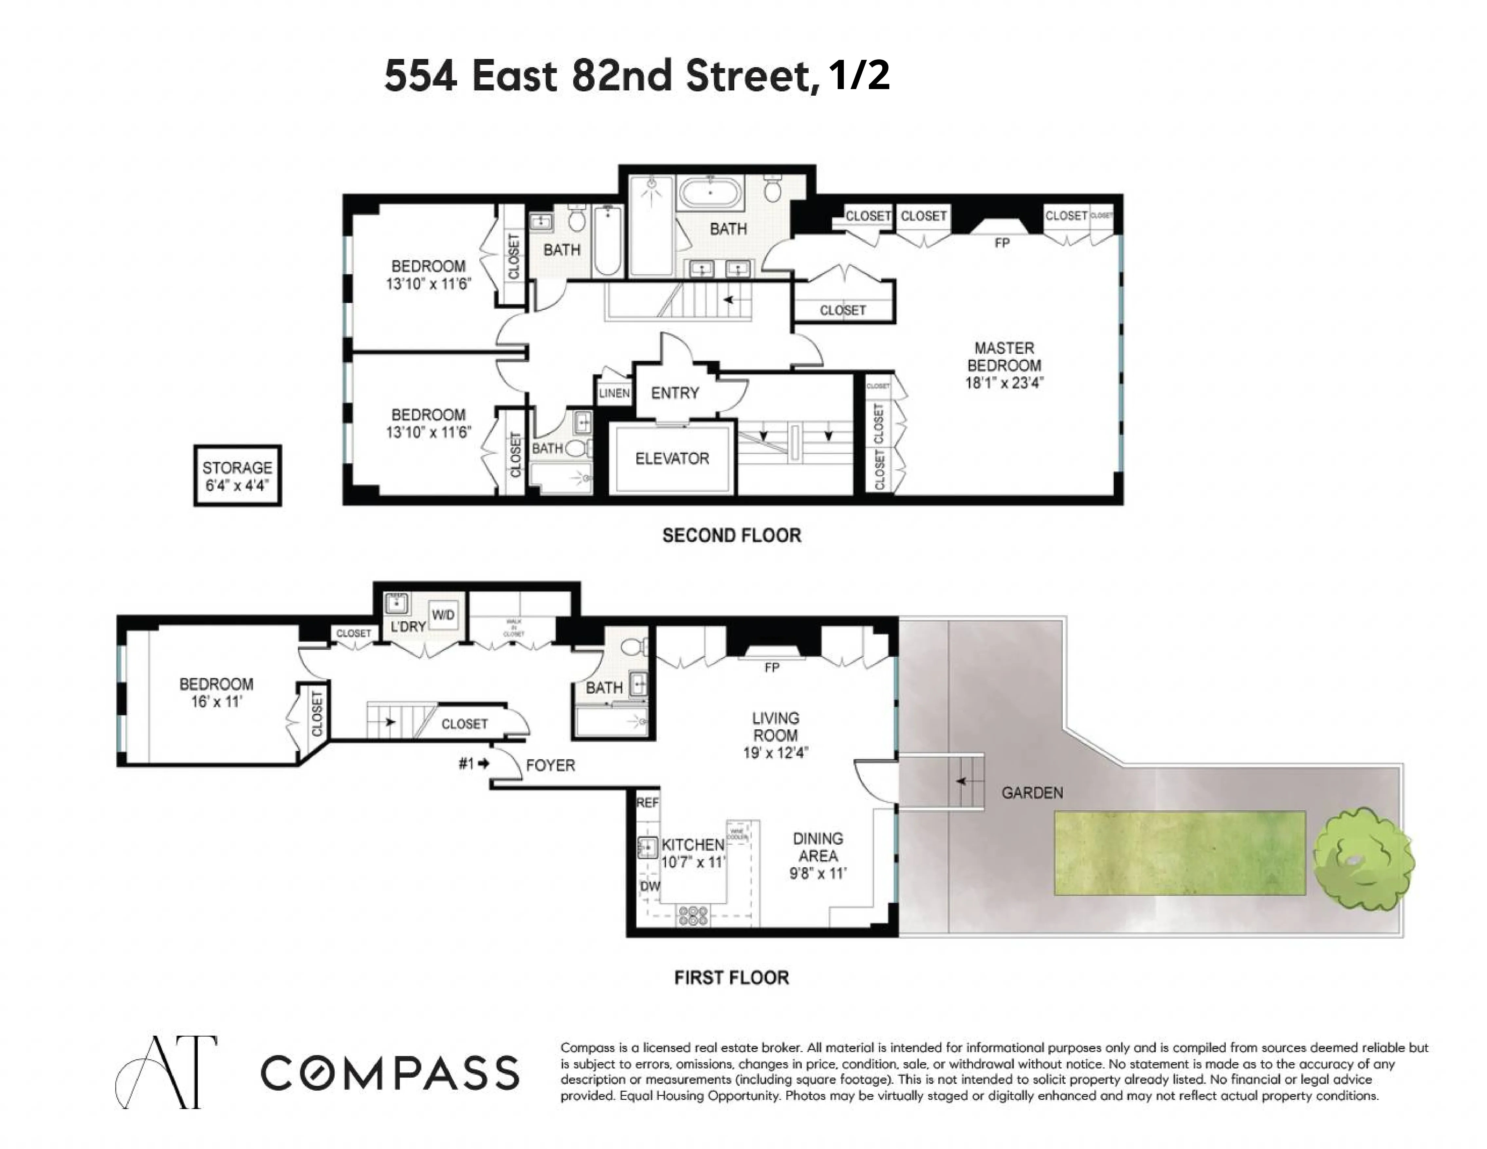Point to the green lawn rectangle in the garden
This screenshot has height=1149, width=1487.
(1179, 853)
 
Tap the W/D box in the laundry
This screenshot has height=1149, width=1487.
(443, 615)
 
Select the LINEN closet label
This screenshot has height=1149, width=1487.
(614, 393)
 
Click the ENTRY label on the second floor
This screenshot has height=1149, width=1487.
(675, 393)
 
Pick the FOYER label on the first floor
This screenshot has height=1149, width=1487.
(550, 765)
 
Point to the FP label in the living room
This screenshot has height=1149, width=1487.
(771, 668)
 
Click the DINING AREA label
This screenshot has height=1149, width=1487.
(818, 856)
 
